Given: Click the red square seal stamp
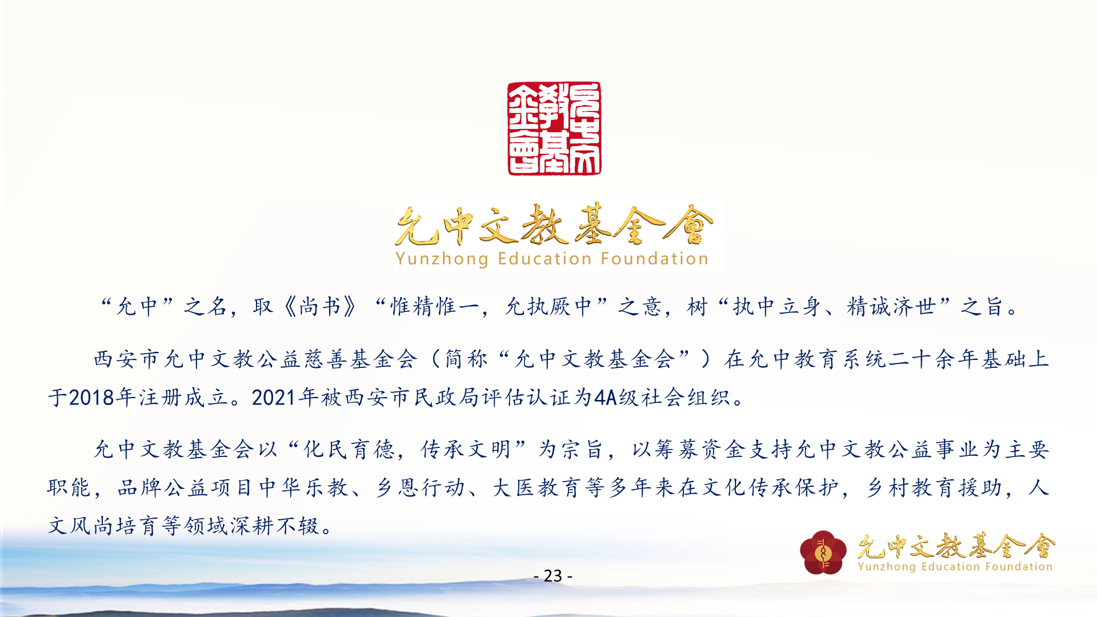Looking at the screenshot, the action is coord(554,129).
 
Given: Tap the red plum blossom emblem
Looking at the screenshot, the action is coord(823,552).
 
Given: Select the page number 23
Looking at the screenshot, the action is coord(552,575).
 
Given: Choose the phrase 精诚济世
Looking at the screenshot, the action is coord(891,307).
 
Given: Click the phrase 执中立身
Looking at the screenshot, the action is coord(777,307).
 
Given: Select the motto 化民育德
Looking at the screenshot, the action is coord(349,450).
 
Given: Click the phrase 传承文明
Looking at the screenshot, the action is coord(466,450).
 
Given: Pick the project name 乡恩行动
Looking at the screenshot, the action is coord(420,488).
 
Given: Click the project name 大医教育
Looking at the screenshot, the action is coord(537,488).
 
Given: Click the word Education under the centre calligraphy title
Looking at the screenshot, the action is coord(545,259).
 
